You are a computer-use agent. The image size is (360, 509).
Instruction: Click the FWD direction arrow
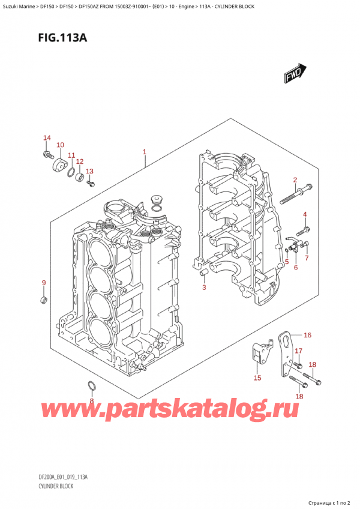292,74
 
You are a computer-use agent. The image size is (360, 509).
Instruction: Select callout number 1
145,152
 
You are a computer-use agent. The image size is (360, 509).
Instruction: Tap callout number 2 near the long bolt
295,180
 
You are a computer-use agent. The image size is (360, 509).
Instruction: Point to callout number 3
204,288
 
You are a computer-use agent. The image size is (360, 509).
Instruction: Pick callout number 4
305,215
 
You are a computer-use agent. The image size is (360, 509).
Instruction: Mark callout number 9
43,283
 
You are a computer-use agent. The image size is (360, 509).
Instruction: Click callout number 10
60,145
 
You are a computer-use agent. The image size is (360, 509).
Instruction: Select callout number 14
47,139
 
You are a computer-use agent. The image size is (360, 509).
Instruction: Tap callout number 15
258,378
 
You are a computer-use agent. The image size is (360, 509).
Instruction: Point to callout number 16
307,335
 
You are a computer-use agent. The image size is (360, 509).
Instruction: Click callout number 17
298,351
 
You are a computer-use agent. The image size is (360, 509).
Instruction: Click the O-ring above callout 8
91,385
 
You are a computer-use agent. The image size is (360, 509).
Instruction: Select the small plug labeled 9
44,298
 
